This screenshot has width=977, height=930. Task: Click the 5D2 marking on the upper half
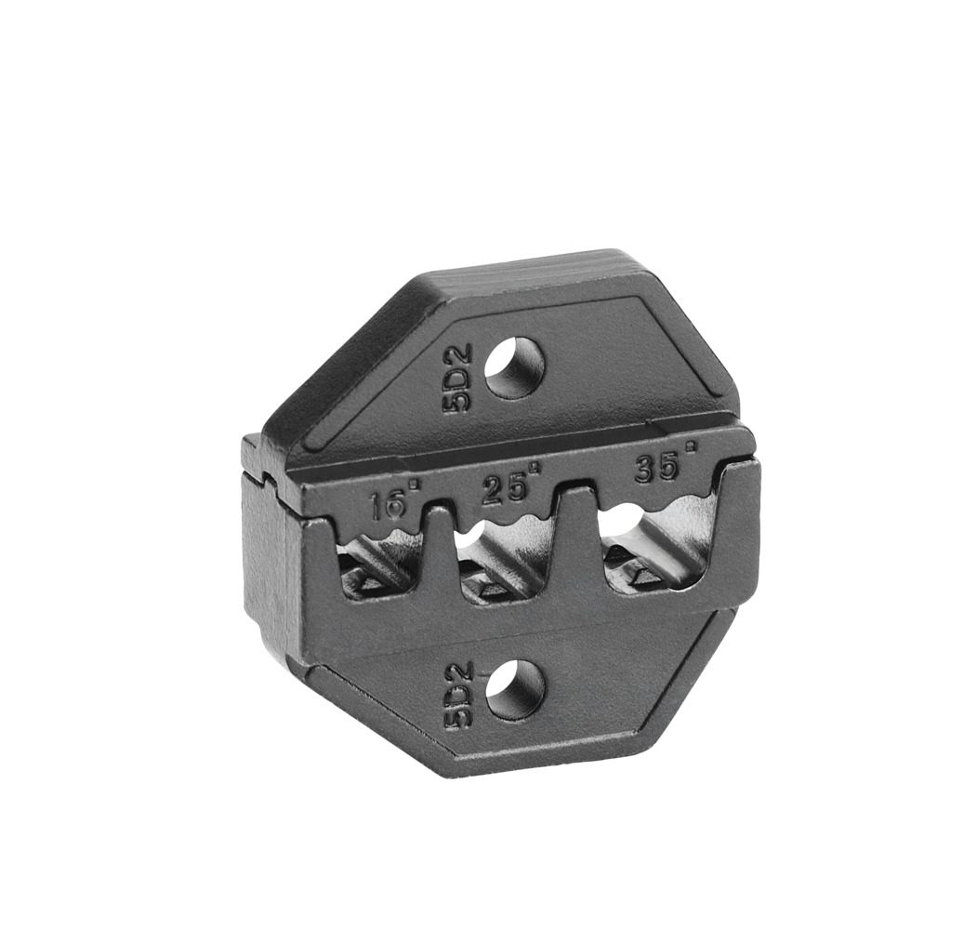pyautogui.click(x=459, y=379)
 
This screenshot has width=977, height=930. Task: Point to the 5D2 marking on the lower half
pyautogui.click(x=459, y=697)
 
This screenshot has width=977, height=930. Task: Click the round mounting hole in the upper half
pyautogui.click(x=514, y=367)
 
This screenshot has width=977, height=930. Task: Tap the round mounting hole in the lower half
pyautogui.click(x=515, y=689)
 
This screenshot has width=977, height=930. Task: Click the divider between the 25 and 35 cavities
pyautogui.click(x=578, y=530)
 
